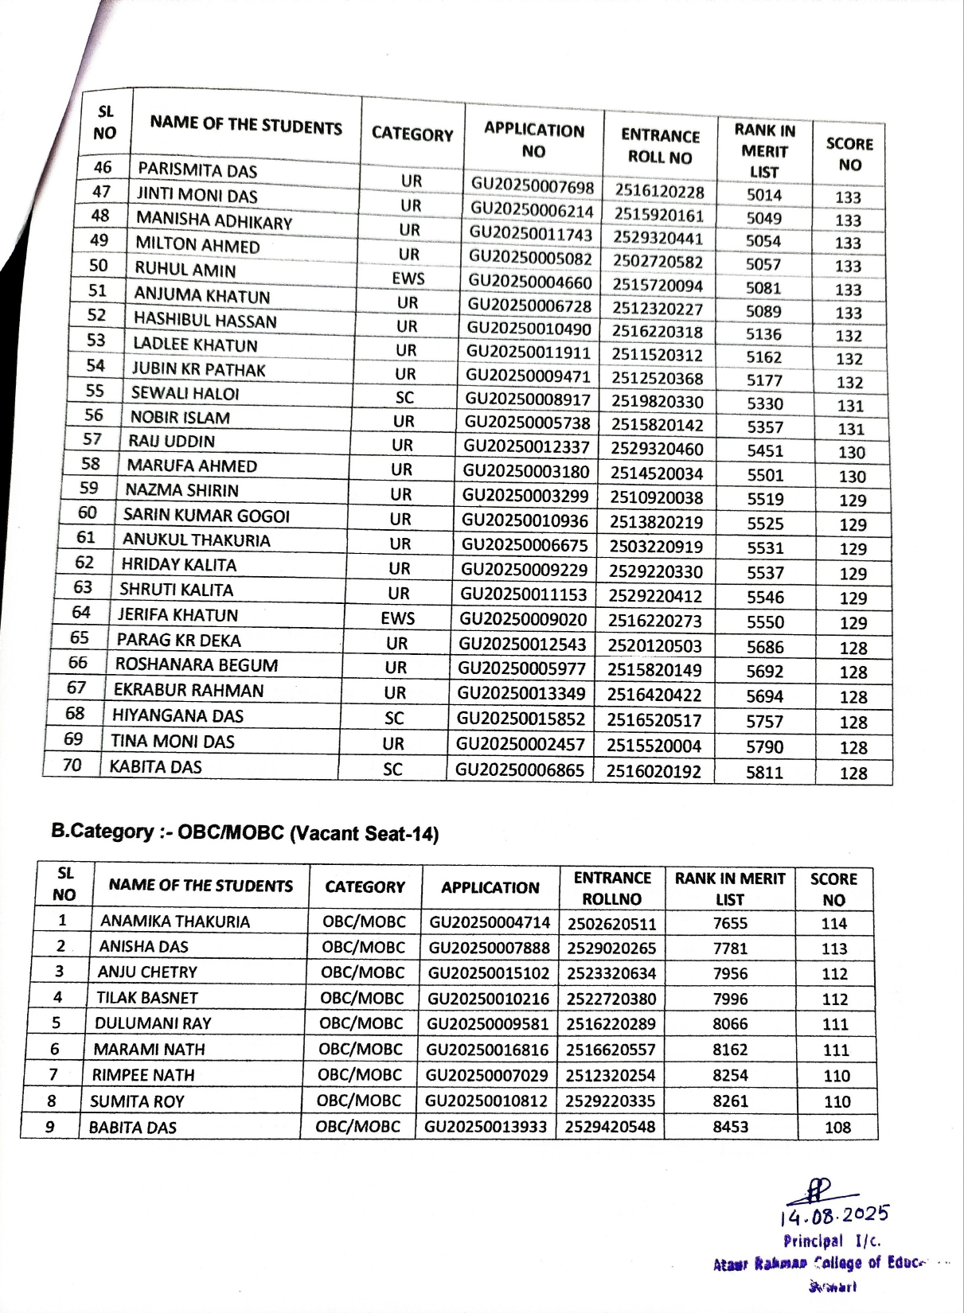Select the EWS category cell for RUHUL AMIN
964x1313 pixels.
[408, 279]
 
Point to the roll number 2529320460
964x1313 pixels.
[657, 449]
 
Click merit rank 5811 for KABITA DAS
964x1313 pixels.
[764, 772]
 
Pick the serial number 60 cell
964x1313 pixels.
[88, 513]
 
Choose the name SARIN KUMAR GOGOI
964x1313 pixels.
[206, 516]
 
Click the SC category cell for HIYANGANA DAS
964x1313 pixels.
[394, 719]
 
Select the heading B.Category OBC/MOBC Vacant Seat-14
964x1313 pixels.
[245, 833]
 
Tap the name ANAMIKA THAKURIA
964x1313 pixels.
[175, 921]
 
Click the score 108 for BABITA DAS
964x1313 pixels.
[837, 1128]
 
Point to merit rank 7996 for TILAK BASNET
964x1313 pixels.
[730, 999]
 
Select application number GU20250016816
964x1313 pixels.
[487, 1050]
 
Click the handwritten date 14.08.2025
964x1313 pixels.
[834, 1215]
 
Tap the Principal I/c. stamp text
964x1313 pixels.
[832, 1241]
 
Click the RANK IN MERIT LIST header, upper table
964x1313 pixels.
[764, 150]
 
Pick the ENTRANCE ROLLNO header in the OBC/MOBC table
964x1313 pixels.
[612, 888]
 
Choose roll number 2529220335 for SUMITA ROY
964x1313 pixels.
[611, 1101]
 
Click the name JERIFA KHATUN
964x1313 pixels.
[178, 615]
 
